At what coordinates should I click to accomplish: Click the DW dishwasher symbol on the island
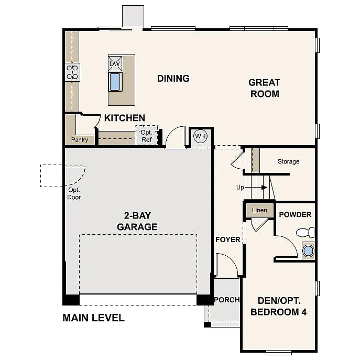tap(115, 63)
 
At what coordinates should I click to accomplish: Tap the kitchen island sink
tap(115, 82)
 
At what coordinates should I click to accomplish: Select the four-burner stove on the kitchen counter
tap(72, 72)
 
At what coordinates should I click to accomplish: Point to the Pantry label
tap(80, 140)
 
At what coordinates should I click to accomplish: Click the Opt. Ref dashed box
tap(147, 136)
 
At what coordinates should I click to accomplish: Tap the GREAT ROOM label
tap(264, 88)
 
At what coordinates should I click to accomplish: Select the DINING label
tap(173, 79)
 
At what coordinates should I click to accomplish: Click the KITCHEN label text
tap(124, 118)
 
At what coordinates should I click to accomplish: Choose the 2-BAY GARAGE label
tap(137, 221)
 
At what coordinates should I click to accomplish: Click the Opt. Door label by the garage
tap(74, 193)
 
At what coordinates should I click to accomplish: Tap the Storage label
tap(288, 161)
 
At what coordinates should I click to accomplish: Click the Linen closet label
tap(259, 210)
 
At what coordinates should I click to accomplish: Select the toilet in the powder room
tap(306, 232)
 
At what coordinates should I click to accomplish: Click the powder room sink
tap(308, 250)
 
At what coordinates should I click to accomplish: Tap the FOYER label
tap(228, 239)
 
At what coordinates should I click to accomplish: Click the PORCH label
tap(226, 300)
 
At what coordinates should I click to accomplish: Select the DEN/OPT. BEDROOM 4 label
tap(278, 306)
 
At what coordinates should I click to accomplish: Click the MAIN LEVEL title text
tap(93, 318)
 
